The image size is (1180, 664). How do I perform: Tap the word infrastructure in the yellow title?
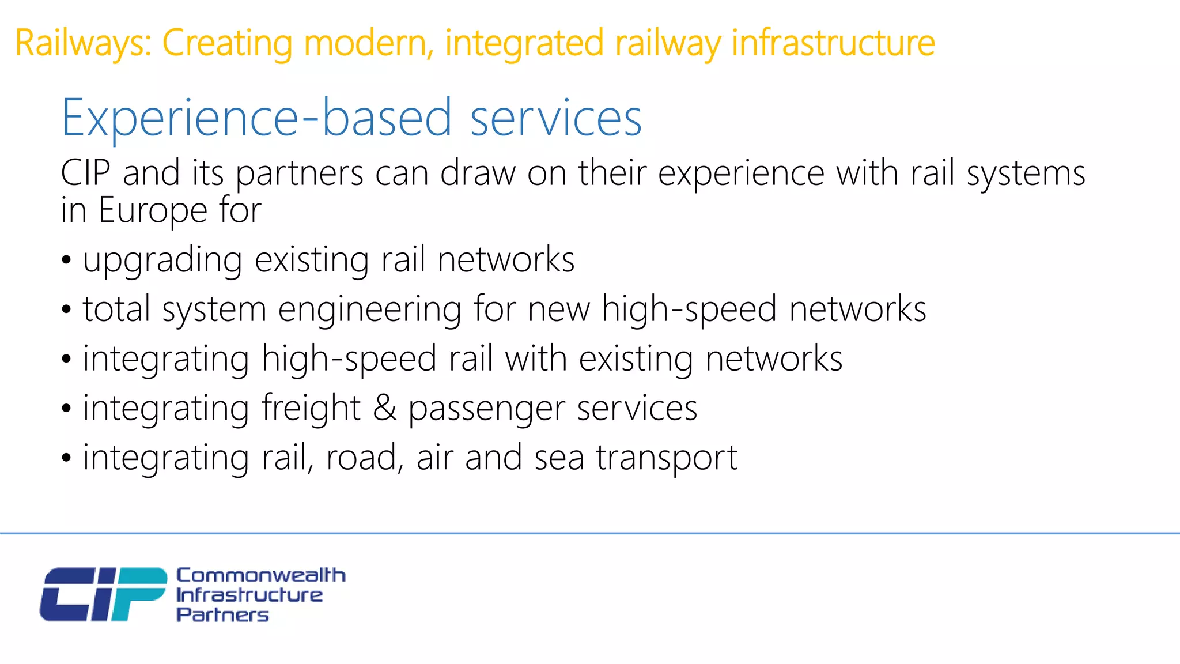coord(833,44)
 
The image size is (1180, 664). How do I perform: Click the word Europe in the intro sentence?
coord(153,210)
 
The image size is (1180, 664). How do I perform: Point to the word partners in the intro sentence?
coord(300,174)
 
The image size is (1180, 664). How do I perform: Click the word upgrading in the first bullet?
coord(162,261)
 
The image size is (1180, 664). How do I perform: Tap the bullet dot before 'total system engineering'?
coord(67,310)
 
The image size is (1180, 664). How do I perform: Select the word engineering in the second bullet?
coord(370,310)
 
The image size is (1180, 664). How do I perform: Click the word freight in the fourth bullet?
coord(311,408)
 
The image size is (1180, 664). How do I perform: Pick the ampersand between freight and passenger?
coord(385,408)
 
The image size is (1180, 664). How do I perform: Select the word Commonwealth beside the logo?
coord(260,575)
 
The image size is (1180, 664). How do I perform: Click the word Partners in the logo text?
coord(222,615)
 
